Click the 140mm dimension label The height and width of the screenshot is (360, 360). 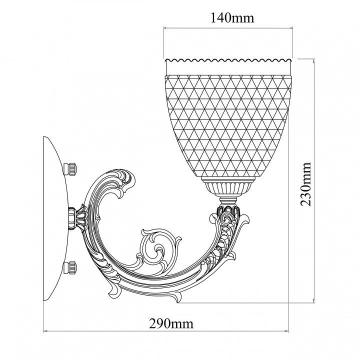point(232,18)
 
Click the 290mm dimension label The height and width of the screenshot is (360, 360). point(171,324)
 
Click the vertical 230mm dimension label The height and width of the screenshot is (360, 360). point(305,184)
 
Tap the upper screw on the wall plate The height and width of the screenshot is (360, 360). point(70,169)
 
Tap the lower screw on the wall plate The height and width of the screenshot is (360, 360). point(70,267)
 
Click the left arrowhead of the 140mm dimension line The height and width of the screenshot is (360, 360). point(165,28)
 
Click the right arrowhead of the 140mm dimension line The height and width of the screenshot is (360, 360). point(291,28)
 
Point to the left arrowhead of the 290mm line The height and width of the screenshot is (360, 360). point(45,331)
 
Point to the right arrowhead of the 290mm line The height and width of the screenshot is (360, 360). point(286,331)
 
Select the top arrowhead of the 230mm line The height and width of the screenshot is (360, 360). point(314,61)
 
